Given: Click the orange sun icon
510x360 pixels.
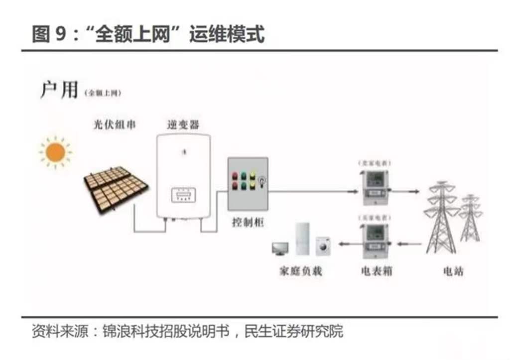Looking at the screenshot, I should click(x=55, y=152).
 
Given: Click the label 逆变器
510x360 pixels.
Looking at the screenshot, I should click(x=183, y=124).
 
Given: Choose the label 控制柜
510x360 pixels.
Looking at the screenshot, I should click(x=247, y=222).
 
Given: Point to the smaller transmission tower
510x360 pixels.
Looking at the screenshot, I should click(x=470, y=218).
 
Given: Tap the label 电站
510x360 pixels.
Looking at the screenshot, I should click(x=453, y=271).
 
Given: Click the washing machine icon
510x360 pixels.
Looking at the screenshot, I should click(x=324, y=245).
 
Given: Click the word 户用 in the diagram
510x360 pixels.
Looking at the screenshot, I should click(x=59, y=90).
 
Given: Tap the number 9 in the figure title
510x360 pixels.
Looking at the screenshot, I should click(x=59, y=35).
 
